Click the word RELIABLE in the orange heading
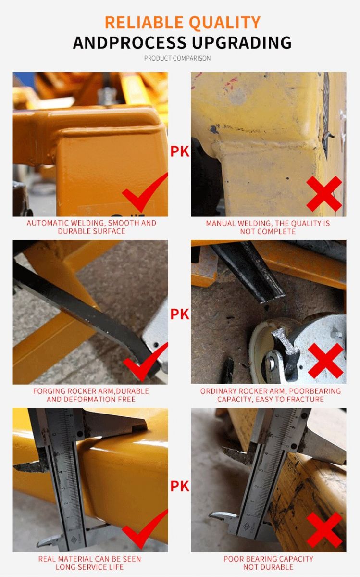pyautogui.click(x=144, y=22)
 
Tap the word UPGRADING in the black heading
pyautogui.click(x=242, y=42)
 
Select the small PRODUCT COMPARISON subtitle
pyautogui.click(x=177, y=58)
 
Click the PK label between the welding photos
pyautogui.click(x=180, y=151)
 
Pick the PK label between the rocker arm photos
pyautogui.click(x=180, y=314)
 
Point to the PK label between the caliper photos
pyautogui.click(x=180, y=486)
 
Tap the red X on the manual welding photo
pyautogui.click(x=324, y=194)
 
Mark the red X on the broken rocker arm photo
pyautogui.click(x=325, y=361)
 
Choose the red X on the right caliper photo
pyautogui.click(x=324, y=530)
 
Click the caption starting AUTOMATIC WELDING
pyautogui.click(x=91, y=227)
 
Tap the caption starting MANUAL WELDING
pyautogui.click(x=268, y=227)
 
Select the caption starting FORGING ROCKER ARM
pyautogui.click(x=91, y=395)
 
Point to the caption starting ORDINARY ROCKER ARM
pyautogui.click(x=271, y=395)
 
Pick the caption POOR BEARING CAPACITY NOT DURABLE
pyautogui.click(x=268, y=563)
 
